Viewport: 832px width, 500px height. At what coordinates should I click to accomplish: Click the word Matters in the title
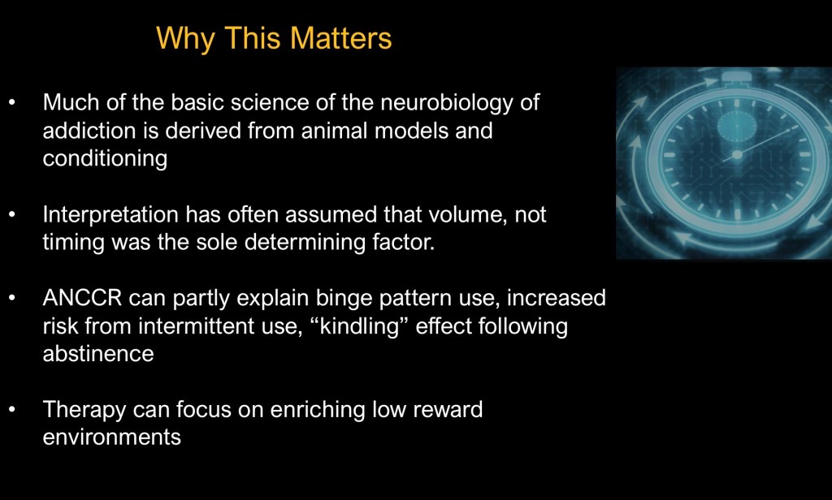pyautogui.click(x=340, y=38)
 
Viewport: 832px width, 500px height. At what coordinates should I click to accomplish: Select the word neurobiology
pyautogui.click(x=447, y=103)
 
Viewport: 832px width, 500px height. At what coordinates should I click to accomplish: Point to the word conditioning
pyautogui.click(x=105, y=159)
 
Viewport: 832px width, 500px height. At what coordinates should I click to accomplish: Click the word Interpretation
pyautogui.click(x=110, y=215)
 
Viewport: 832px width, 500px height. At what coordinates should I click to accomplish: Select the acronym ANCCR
pyautogui.click(x=82, y=298)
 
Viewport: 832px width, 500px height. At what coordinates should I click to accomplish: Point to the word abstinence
pyautogui.click(x=98, y=354)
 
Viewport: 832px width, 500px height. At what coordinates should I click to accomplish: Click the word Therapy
pyautogui.click(x=84, y=410)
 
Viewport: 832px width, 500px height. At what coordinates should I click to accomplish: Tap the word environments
pyautogui.click(x=112, y=437)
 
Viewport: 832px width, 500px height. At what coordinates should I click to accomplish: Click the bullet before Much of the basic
pyautogui.click(x=12, y=103)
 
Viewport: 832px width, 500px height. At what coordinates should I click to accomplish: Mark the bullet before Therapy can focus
pyautogui.click(x=12, y=410)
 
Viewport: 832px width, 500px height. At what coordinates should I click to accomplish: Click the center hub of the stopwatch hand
pyautogui.click(x=736, y=155)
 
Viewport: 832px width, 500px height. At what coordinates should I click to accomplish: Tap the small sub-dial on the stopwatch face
pyautogui.click(x=736, y=126)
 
